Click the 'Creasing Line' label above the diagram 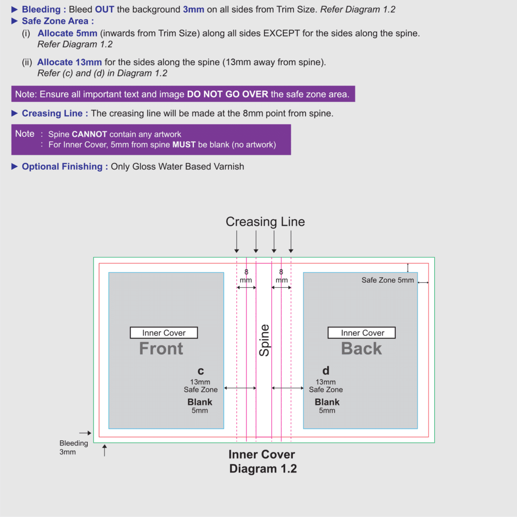click(265, 222)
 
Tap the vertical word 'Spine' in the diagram click(264, 340)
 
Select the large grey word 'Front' click(161, 348)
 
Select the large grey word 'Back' click(361, 348)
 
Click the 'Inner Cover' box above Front click(164, 333)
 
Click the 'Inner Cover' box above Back click(362, 333)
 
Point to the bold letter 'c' click(200, 371)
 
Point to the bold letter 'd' click(326, 371)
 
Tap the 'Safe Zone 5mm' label click(387, 280)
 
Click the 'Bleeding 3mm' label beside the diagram click(74, 447)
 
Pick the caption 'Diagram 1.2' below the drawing click(263, 469)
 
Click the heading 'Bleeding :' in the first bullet click(44, 10)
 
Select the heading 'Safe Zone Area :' click(58, 21)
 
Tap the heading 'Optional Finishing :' click(65, 167)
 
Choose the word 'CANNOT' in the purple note click(89, 134)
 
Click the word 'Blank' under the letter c click(200, 402)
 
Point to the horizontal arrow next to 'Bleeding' click(85, 433)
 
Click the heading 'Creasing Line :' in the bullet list click(55, 114)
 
